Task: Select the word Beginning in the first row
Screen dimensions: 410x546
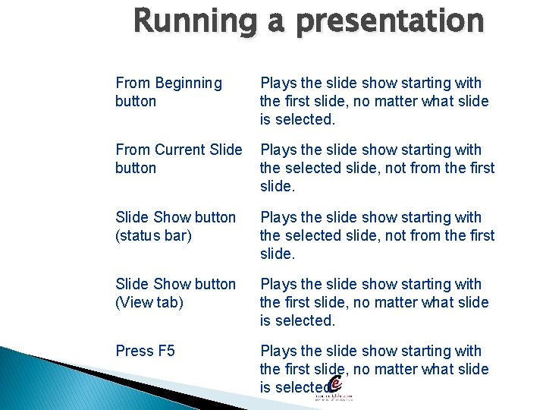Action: click(x=188, y=84)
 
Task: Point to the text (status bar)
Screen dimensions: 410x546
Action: click(x=153, y=235)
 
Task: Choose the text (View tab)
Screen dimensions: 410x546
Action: click(x=149, y=302)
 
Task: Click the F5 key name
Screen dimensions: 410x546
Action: click(x=166, y=351)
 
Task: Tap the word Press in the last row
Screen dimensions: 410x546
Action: click(x=134, y=351)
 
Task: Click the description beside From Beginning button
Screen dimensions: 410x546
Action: click(x=374, y=101)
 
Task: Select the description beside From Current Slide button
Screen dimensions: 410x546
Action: click(x=376, y=168)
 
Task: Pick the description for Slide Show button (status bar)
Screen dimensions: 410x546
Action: click(x=376, y=235)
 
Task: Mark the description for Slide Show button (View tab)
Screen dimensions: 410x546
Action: click(x=374, y=302)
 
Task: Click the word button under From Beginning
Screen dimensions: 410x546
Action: click(x=136, y=102)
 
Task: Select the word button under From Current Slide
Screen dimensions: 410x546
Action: click(x=136, y=169)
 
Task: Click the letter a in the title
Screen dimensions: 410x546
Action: click(x=279, y=23)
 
